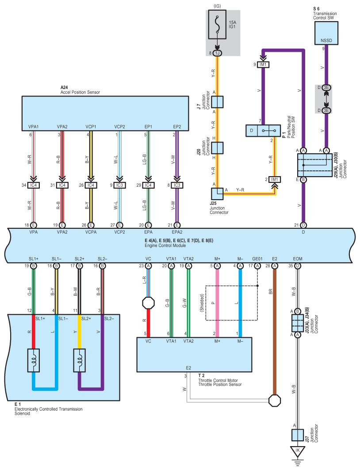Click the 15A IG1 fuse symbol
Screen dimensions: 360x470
[x=218, y=25]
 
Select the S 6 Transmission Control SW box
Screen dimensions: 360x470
[x=326, y=33]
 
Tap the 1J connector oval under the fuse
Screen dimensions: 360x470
[x=218, y=53]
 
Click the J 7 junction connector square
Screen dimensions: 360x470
[x=217, y=102]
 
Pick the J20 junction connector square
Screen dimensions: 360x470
[x=217, y=148]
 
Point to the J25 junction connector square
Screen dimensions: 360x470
[x=217, y=194]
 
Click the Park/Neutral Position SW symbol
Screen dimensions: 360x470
[x=263, y=131]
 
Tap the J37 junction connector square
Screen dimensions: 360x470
[x=297, y=435]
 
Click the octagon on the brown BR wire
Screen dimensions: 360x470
[x=274, y=400]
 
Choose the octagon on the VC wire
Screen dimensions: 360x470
[x=148, y=303]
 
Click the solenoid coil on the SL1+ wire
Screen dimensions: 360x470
[x=34, y=360]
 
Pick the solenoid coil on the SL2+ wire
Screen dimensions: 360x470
[x=79, y=360]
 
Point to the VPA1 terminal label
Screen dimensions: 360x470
[x=34, y=127]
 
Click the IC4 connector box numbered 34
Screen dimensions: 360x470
[x=34, y=185]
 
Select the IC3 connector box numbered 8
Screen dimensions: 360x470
[x=177, y=185]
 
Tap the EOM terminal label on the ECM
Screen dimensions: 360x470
[x=297, y=259]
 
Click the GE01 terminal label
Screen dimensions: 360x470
[x=257, y=259]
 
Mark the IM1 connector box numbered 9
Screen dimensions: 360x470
[x=263, y=65]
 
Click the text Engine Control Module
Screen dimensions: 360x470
[x=165, y=246]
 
